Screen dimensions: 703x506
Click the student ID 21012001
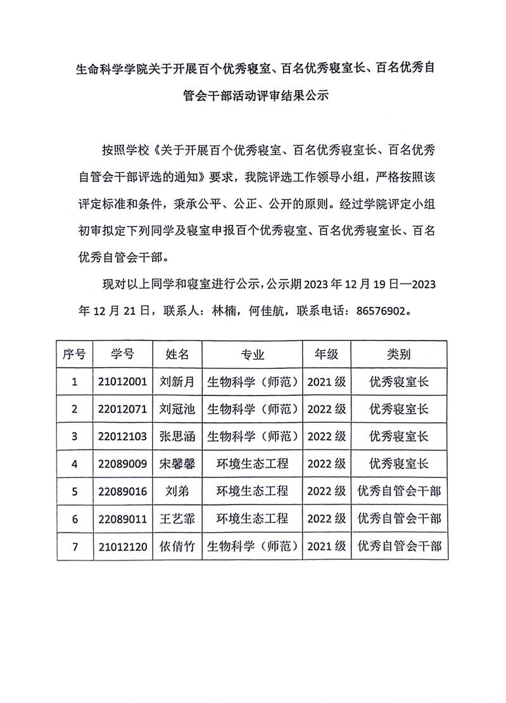(x=123, y=382)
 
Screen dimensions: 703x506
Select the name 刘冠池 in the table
(x=177, y=409)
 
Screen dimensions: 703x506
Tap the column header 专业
(x=253, y=354)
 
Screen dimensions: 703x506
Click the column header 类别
(x=399, y=354)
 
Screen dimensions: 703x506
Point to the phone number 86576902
(x=376, y=312)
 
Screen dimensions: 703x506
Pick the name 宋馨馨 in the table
(x=177, y=463)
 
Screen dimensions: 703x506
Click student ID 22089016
(x=123, y=491)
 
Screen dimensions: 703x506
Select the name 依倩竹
(x=177, y=546)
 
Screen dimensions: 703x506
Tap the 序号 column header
(x=75, y=354)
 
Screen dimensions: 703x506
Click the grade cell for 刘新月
(x=326, y=382)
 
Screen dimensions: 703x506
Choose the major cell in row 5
(x=253, y=491)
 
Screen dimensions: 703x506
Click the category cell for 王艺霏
(x=399, y=519)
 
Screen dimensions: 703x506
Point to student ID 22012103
(x=123, y=436)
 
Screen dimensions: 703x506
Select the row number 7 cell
(x=75, y=546)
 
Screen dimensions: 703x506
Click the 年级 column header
(x=326, y=354)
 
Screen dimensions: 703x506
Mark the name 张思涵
(x=177, y=436)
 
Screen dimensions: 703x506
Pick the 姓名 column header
(x=177, y=354)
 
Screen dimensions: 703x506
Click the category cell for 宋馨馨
(x=399, y=463)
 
